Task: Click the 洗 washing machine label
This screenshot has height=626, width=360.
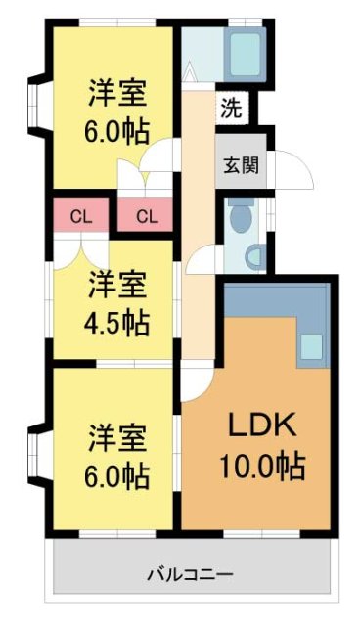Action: click(230, 109)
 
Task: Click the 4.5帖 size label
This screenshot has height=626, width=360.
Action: click(116, 322)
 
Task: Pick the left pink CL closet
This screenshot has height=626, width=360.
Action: click(82, 215)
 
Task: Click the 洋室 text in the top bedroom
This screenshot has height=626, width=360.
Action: click(116, 93)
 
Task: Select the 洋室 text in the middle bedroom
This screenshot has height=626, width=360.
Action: click(116, 286)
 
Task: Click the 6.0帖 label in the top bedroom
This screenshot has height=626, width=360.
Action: click(116, 131)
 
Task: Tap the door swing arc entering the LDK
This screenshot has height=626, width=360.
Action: click(194, 381)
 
